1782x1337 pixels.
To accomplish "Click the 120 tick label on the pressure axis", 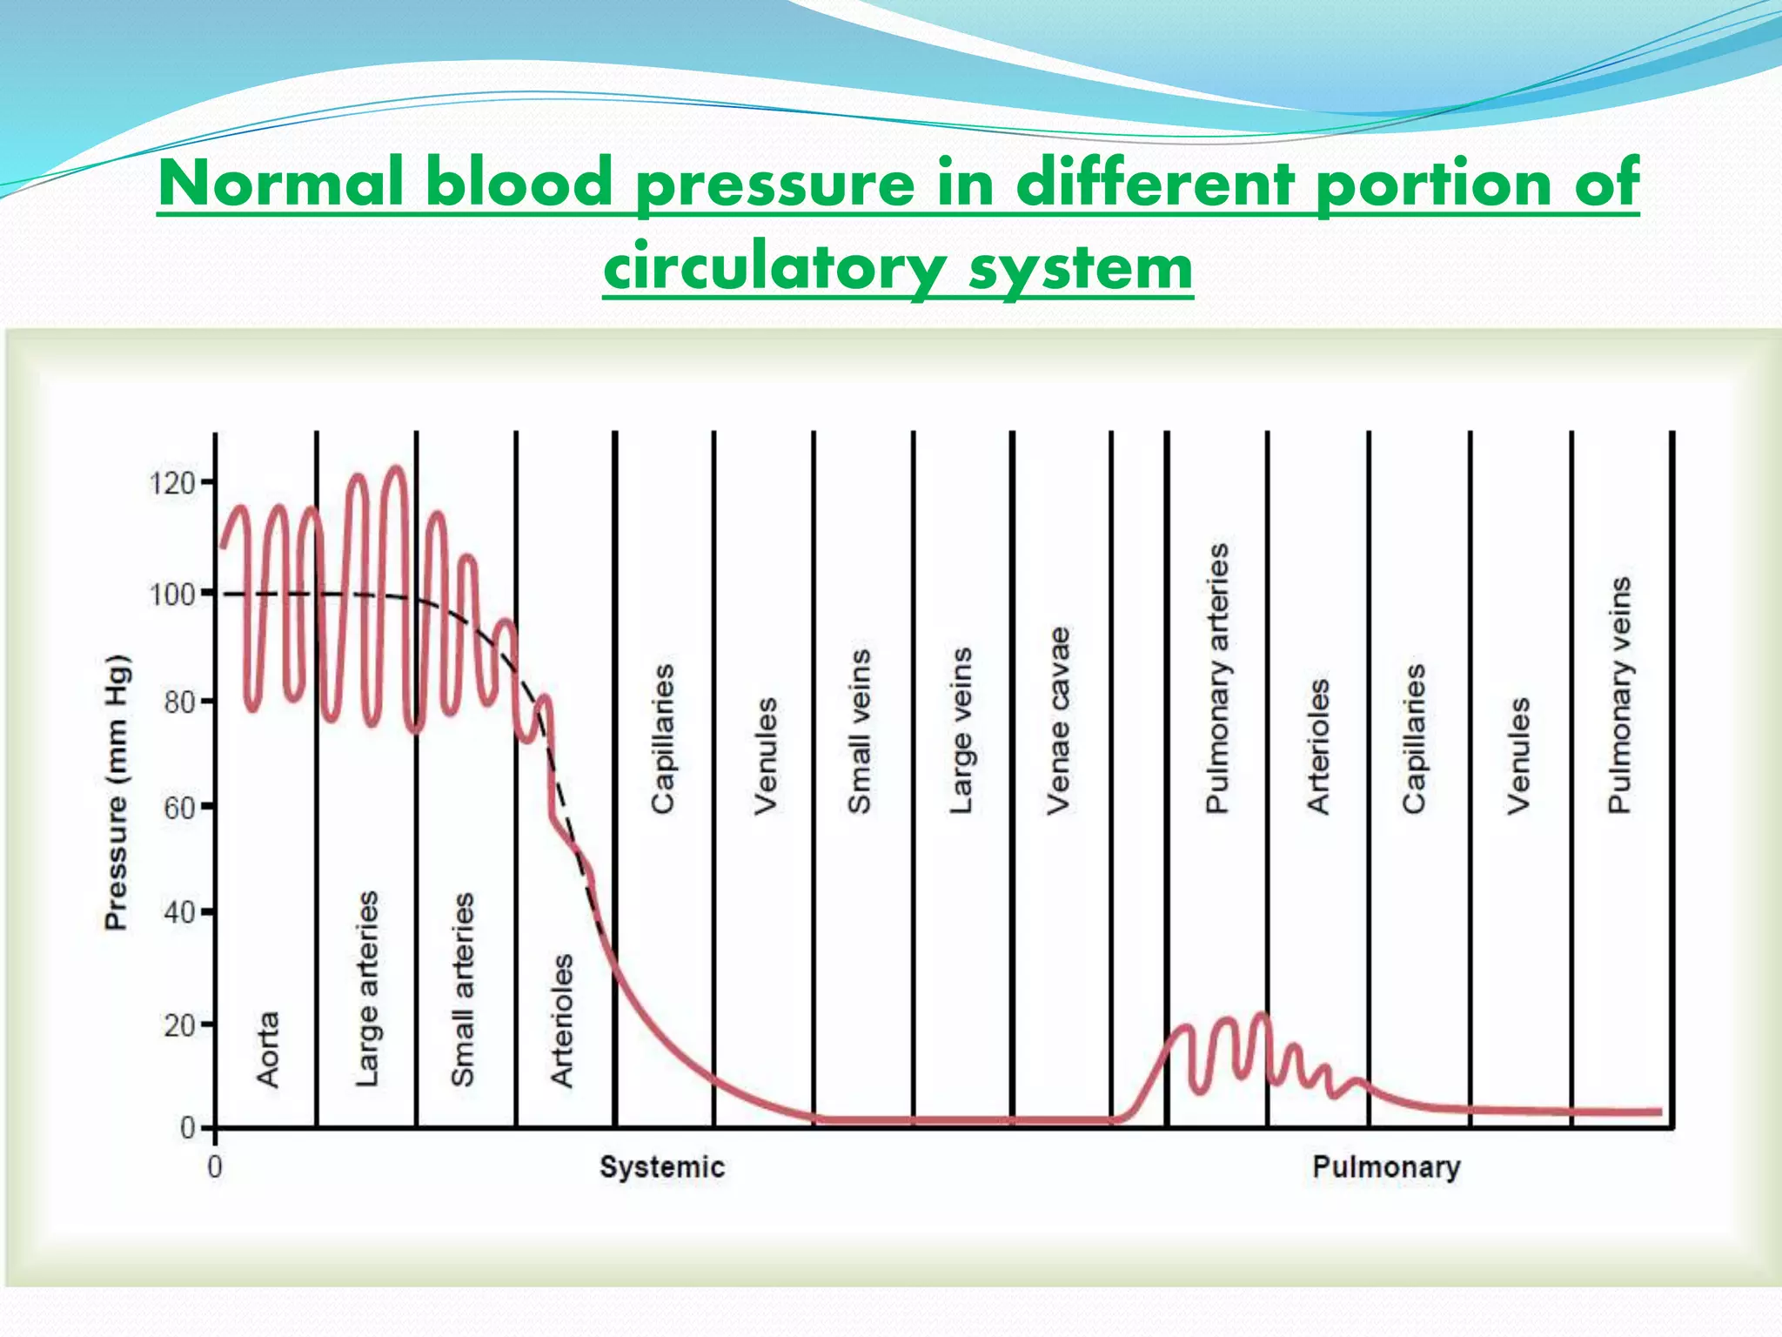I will (x=171, y=482).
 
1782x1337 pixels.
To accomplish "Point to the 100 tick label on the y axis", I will (x=171, y=595).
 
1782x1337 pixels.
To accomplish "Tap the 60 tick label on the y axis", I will (x=179, y=808).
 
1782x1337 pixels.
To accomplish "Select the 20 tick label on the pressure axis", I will (x=179, y=1025).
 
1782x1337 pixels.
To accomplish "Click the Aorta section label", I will (x=268, y=1049).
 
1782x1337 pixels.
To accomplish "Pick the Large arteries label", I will (x=367, y=988).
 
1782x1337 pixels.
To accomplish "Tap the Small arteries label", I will (x=463, y=989).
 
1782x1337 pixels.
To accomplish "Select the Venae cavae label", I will (x=1058, y=720).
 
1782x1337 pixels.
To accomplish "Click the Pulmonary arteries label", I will (x=1216, y=678).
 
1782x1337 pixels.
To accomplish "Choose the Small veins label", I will (x=859, y=731).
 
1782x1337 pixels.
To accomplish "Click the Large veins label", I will (x=960, y=730).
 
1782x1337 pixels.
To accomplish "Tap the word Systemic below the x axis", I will (x=661, y=1167).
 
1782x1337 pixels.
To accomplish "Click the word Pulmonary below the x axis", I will (x=1386, y=1167).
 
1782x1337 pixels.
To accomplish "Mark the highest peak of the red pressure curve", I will (x=396, y=469).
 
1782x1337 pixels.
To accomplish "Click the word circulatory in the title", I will (x=775, y=266).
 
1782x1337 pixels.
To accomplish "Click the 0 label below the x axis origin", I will (x=215, y=1167).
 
